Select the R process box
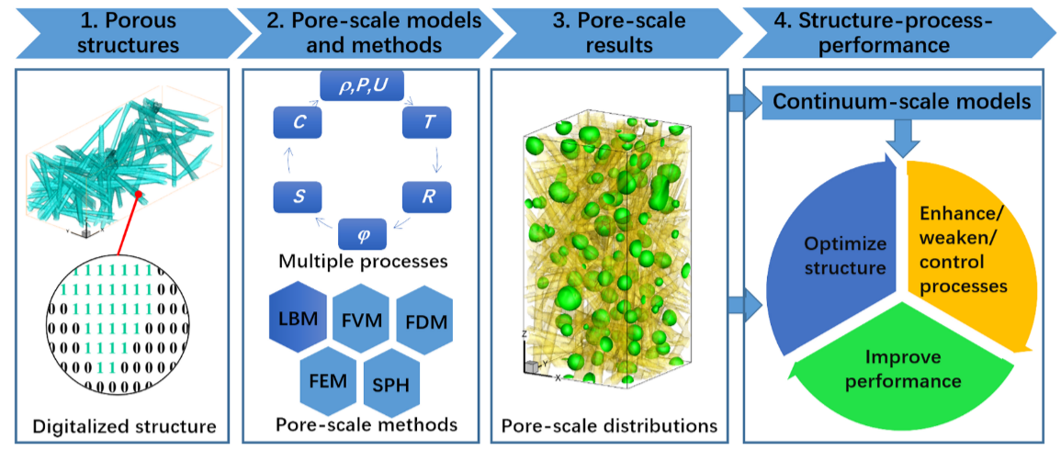tap(427, 197)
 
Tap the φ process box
tap(362, 233)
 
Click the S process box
tap(296, 197)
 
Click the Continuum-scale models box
tap(901, 101)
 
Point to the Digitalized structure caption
tap(125, 426)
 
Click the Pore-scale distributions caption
tap(609, 426)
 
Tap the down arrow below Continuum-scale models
tap(904, 138)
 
